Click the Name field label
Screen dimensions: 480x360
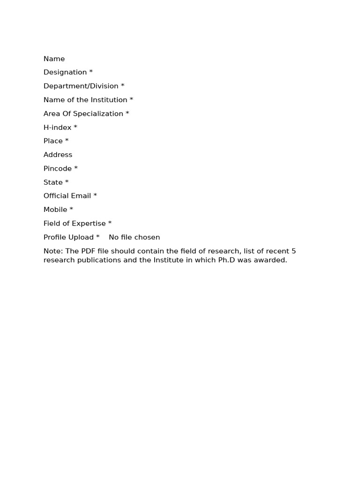point(54,59)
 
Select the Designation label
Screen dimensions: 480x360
point(65,72)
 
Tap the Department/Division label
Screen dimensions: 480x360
point(81,86)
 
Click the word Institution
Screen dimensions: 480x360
point(109,100)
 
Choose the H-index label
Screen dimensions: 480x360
point(57,127)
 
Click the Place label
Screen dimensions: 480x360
point(53,141)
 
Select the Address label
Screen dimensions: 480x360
point(58,155)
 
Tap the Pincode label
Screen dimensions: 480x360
point(58,168)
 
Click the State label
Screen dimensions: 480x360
point(53,182)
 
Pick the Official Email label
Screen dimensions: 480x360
point(67,195)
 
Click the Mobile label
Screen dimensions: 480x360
point(55,210)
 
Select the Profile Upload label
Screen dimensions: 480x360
point(68,237)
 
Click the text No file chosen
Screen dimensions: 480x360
point(134,237)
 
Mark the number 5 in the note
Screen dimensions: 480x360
point(293,251)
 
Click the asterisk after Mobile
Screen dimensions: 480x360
point(71,209)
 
